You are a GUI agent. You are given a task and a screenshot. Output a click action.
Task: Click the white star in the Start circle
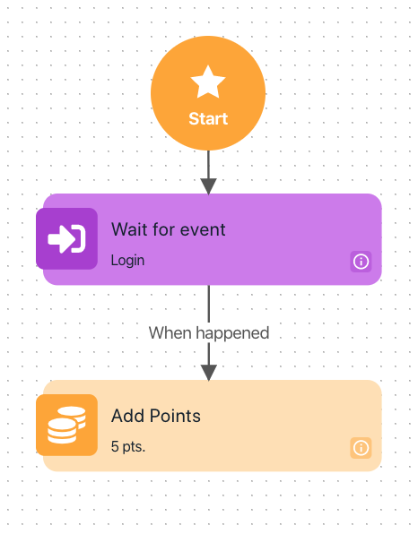(208, 82)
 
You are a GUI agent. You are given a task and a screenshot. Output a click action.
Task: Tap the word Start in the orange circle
(208, 119)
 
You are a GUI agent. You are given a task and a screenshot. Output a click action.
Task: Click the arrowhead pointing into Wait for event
(209, 186)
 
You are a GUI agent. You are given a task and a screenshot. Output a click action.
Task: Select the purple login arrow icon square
(66, 238)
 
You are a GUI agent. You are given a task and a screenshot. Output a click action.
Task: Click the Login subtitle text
(127, 261)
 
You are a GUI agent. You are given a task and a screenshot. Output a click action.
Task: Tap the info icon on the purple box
(361, 262)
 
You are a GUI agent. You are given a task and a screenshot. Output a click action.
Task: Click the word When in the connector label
(170, 332)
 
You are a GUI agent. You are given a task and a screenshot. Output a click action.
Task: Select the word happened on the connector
(232, 333)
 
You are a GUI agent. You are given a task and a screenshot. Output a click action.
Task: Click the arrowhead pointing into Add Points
(209, 373)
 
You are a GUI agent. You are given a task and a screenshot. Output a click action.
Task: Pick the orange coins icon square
(66, 425)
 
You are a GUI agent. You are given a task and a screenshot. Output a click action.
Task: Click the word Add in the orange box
(127, 416)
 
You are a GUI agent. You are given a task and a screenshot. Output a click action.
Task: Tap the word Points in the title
(175, 416)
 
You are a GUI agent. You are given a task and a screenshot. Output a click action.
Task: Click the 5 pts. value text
(128, 446)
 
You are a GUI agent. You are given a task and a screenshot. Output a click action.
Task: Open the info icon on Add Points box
(361, 448)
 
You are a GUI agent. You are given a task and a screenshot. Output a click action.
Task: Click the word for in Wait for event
(164, 229)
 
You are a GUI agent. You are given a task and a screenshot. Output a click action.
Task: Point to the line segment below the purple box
(209, 304)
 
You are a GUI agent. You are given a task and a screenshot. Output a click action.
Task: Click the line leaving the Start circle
(209, 165)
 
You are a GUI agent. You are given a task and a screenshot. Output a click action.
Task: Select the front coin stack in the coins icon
(62, 431)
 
